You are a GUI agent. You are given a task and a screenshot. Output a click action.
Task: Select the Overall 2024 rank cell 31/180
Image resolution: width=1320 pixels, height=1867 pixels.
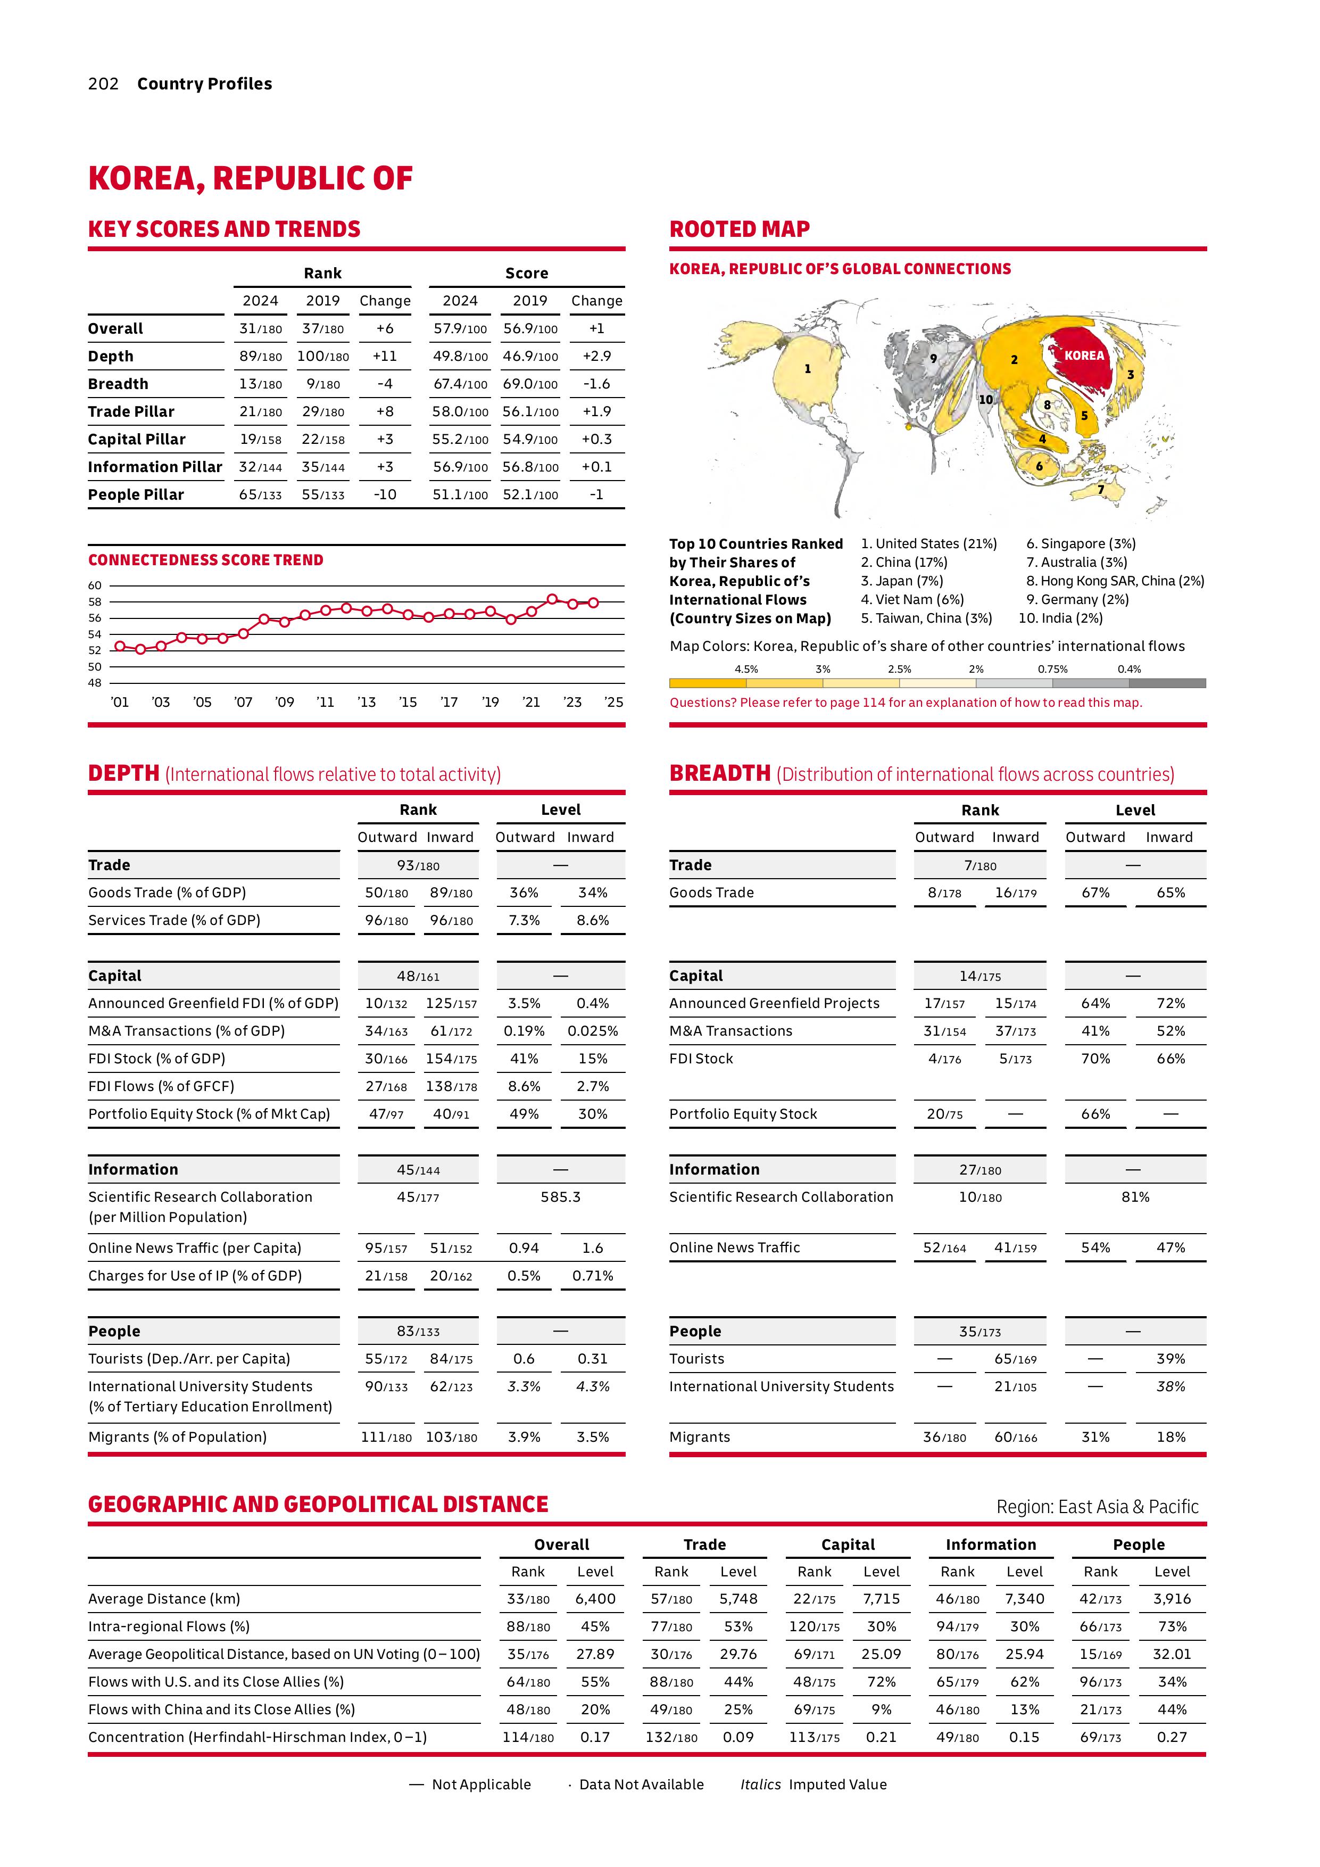260,328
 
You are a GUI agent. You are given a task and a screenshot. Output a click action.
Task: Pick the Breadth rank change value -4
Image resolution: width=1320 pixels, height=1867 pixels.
385,384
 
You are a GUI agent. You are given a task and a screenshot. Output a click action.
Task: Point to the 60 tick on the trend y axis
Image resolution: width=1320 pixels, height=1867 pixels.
95,585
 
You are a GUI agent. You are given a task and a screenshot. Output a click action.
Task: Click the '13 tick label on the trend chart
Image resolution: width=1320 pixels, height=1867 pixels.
367,702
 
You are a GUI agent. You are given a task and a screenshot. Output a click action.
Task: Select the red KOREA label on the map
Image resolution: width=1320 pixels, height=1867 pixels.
1084,356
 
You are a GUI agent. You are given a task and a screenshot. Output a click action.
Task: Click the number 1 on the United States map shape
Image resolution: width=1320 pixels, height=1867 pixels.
807,369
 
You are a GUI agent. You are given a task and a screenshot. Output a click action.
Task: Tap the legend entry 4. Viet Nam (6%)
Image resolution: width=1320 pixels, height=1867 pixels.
912,599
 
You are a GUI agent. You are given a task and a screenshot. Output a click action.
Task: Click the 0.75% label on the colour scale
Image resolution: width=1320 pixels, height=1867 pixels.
1052,669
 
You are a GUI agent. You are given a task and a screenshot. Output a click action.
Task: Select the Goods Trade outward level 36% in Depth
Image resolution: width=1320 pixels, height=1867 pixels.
524,893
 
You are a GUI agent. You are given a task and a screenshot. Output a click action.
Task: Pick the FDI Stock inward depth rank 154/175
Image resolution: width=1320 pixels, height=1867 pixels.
451,1059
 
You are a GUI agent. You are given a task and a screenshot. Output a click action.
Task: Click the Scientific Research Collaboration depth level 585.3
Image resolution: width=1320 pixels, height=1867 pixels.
560,1197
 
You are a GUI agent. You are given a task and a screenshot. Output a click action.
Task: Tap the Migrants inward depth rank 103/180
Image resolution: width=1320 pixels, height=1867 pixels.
451,1437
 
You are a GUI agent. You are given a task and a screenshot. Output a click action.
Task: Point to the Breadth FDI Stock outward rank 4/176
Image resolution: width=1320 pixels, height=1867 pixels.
944,1059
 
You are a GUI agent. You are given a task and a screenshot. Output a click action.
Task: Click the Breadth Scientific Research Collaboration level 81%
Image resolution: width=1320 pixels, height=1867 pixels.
1135,1197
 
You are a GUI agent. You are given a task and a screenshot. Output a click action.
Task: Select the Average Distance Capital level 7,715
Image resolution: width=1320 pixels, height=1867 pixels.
881,1599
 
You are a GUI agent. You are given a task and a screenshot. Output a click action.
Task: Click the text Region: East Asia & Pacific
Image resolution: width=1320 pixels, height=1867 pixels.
1097,1507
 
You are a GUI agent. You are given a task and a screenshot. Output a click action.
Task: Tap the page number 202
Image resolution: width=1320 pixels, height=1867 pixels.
103,84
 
